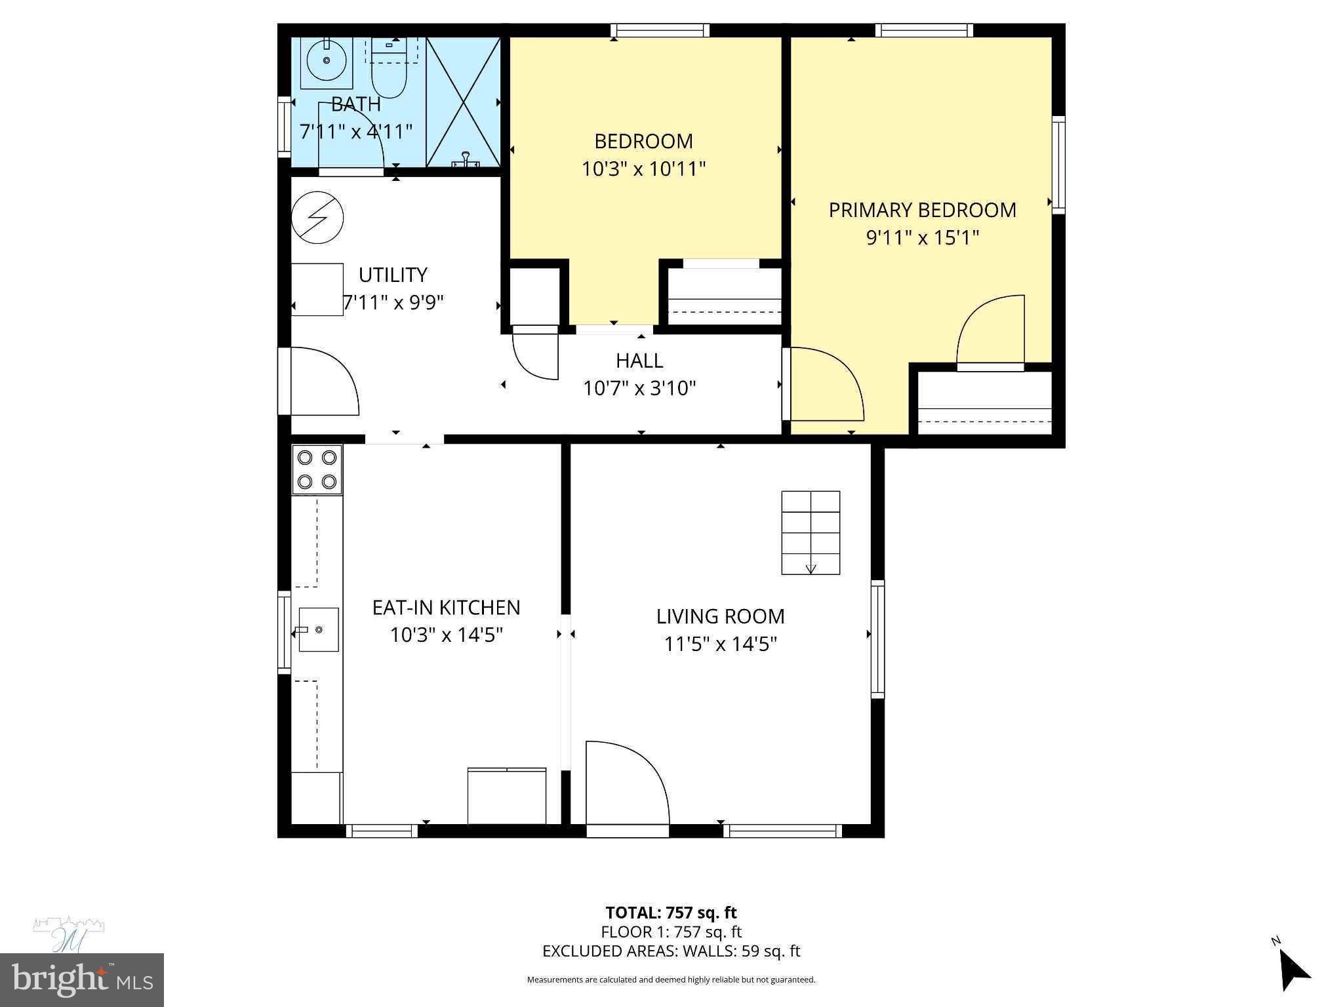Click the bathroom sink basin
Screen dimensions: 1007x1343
pyautogui.click(x=327, y=61)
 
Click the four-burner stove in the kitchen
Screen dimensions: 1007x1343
pyautogui.click(x=317, y=469)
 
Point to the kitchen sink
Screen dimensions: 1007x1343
pyautogui.click(x=319, y=629)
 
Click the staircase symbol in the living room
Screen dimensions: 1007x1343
pyautogui.click(x=811, y=532)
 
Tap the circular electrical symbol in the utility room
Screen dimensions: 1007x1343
pyautogui.click(x=317, y=217)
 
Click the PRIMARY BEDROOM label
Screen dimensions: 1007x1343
pyautogui.click(x=922, y=210)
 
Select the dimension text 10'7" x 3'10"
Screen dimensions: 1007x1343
pyautogui.click(x=639, y=389)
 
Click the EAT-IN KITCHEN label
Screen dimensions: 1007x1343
pyautogui.click(x=446, y=608)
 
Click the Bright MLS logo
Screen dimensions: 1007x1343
pyautogui.click(x=81, y=980)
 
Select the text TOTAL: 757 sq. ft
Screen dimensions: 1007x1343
pyautogui.click(x=671, y=913)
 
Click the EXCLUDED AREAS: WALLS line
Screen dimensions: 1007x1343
pyautogui.click(x=671, y=951)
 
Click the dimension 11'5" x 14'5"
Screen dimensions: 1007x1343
pyautogui.click(x=720, y=644)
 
